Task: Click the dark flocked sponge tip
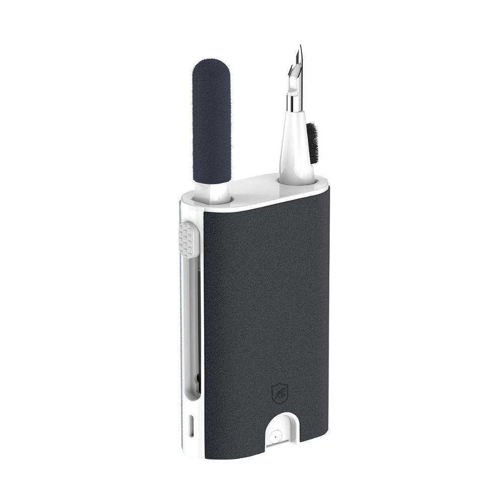[x=212, y=121]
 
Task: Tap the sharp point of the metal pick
[x=300, y=47]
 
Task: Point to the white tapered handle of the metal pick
[x=297, y=146]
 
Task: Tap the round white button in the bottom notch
[x=275, y=436]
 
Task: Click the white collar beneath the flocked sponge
[x=212, y=192]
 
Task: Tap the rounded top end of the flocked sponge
[x=212, y=65]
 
